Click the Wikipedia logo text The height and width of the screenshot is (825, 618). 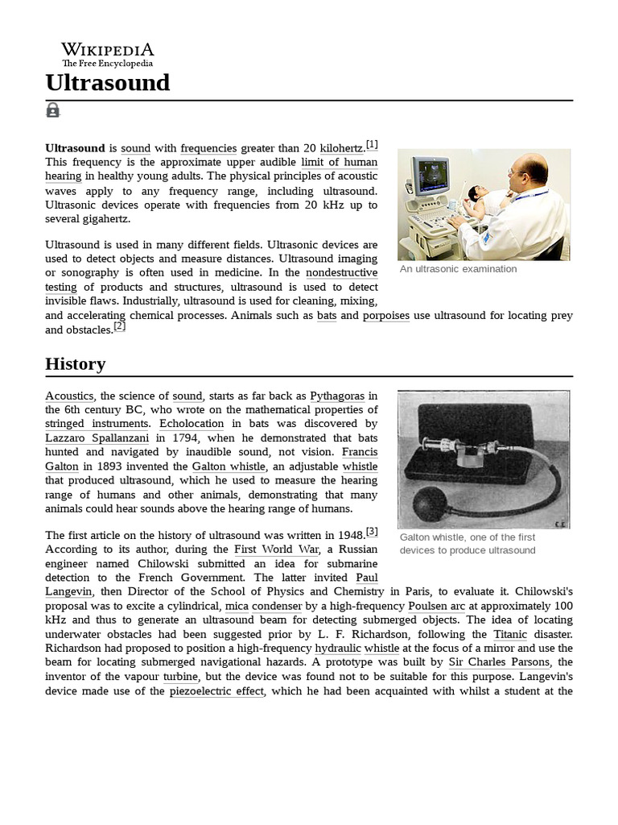[x=108, y=50]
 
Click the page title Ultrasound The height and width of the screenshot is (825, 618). [x=108, y=82]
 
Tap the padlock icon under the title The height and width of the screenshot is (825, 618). [x=53, y=110]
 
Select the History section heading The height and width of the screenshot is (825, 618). [x=76, y=363]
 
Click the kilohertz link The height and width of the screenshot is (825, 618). [x=342, y=148]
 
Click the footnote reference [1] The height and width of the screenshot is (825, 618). [x=372, y=145]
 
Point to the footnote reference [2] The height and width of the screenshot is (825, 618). [x=120, y=326]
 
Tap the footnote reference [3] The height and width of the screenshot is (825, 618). [x=372, y=532]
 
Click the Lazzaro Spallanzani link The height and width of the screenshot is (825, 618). [x=97, y=437]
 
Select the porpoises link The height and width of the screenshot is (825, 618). [x=386, y=316]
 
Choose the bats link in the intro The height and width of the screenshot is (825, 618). [x=327, y=316]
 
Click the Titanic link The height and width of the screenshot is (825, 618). [x=511, y=634]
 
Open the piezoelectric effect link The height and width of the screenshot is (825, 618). [x=216, y=691]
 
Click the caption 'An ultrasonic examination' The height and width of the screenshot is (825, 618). [x=459, y=269]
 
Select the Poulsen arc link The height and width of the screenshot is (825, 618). [x=437, y=606]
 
